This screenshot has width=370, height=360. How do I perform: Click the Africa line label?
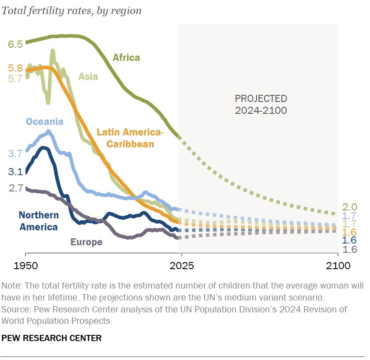(126, 57)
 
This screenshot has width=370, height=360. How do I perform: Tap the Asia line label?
(88, 76)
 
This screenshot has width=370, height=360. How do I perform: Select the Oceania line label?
(45, 122)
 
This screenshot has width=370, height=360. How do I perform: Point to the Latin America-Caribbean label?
(130, 138)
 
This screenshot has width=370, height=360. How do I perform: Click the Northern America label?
(38, 221)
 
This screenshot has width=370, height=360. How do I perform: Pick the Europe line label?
(86, 242)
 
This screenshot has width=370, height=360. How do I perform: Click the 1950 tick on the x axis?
(26, 266)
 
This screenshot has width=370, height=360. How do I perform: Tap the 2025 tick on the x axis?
(181, 266)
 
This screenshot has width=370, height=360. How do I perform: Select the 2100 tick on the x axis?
(338, 266)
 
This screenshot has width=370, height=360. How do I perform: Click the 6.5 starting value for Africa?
(15, 44)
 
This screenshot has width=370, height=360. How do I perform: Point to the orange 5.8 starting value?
(15, 68)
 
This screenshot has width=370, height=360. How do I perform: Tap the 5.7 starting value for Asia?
(15, 79)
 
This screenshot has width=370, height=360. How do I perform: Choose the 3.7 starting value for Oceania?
(15, 154)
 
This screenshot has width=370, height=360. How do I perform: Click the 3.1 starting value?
(15, 172)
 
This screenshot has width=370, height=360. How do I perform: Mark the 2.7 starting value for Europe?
(15, 188)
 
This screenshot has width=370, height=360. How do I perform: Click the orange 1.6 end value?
(349, 232)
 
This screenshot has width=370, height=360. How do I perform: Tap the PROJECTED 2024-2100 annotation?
(261, 104)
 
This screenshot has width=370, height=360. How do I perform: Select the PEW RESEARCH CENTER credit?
(52, 338)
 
